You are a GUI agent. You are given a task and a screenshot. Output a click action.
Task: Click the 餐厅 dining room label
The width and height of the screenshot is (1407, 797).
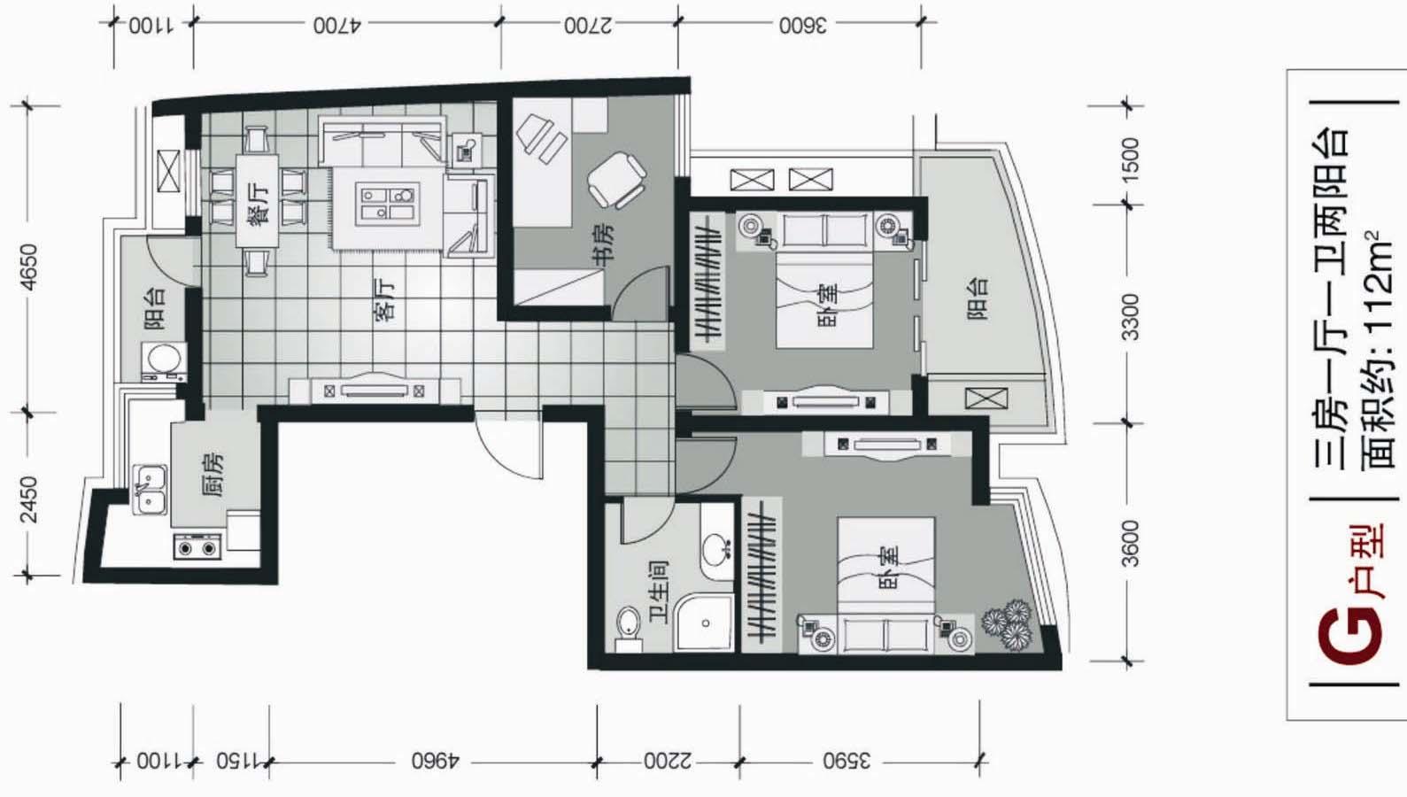tap(259, 203)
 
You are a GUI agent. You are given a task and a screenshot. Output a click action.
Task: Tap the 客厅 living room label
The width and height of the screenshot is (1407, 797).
tap(385, 302)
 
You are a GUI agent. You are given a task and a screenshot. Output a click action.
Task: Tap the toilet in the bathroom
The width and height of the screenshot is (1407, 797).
tap(628, 628)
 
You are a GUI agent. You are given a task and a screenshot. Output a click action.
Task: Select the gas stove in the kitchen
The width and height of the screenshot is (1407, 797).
tap(197, 547)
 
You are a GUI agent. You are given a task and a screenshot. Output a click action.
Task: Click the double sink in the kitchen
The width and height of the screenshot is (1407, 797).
tap(151, 490)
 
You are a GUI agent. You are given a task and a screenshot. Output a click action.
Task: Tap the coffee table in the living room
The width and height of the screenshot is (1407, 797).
tap(388, 204)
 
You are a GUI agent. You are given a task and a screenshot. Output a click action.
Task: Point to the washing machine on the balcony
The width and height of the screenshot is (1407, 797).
tap(164, 362)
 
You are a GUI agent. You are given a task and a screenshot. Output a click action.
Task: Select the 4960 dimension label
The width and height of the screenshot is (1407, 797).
tap(436, 762)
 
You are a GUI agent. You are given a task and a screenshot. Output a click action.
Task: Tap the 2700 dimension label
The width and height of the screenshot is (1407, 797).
tap(588, 26)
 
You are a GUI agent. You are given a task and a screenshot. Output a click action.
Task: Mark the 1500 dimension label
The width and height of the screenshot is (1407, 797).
tap(1130, 160)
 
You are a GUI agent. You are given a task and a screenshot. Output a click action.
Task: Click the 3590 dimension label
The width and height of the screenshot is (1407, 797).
tap(847, 762)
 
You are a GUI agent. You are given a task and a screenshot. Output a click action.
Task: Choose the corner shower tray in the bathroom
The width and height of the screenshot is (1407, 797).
tap(704, 622)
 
